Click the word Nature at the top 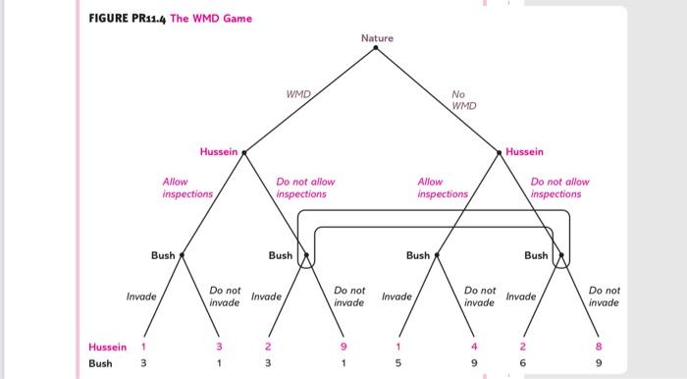pos(377,38)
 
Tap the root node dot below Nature pos(376,48)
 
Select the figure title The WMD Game pos(211,19)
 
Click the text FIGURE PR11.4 pos(127,19)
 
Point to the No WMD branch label pos(464,100)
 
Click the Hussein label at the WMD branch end pos(219,151)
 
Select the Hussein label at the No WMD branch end pos(524,151)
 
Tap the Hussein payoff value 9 pos(343,347)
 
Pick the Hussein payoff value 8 pos(599,347)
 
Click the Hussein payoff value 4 pos(474,347)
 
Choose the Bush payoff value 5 pos(398,362)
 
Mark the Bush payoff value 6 pos(523,362)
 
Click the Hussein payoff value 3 pos(219,347)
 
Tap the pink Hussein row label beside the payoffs pos(107,347)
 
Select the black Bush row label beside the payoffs pos(100,363)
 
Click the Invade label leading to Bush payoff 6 pos(521,297)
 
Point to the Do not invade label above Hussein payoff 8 pos(605,297)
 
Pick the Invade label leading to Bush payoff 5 pos(396,297)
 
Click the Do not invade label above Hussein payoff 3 pos(225,297)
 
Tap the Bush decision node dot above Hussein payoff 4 pos(437,255)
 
